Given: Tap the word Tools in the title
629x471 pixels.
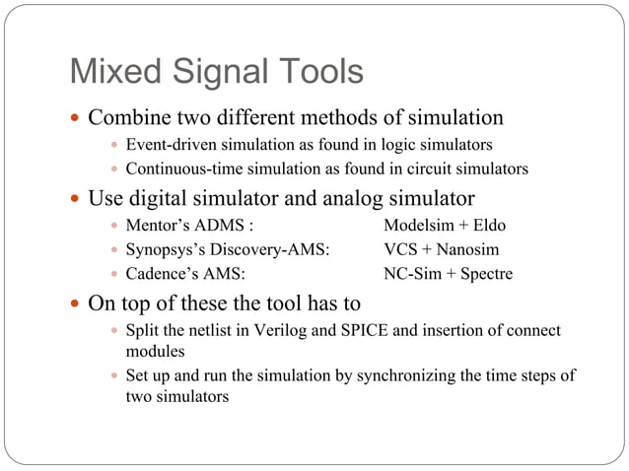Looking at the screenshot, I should [x=315, y=72].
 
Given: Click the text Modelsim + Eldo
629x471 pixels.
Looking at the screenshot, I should [x=444, y=226].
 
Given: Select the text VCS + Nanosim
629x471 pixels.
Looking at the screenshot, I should [x=441, y=249].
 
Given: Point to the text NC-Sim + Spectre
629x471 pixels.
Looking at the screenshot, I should [x=448, y=273].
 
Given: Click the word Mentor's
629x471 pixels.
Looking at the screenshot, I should [x=159, y=226].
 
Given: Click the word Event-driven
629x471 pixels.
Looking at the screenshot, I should [x=172, y=145].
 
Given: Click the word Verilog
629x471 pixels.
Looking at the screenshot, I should [x=266, y=330].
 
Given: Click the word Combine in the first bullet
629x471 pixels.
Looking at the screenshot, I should [x=126, y=118].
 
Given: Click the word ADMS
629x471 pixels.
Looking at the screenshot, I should [x=221, y=226].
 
